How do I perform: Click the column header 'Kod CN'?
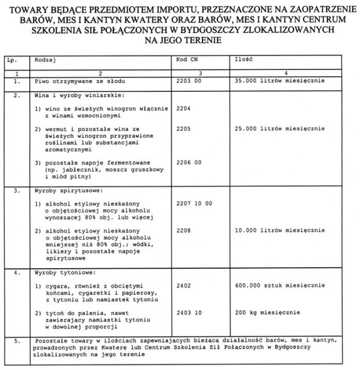(186, 60)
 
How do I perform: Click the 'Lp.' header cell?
(12, 60)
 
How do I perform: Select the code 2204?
(182, 108)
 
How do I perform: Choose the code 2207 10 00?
(194, 203)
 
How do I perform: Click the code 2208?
(182, 230)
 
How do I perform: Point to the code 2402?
(182, 285)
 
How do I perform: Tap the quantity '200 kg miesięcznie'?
(267, 312)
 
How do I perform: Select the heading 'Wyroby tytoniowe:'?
(62, 272)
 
